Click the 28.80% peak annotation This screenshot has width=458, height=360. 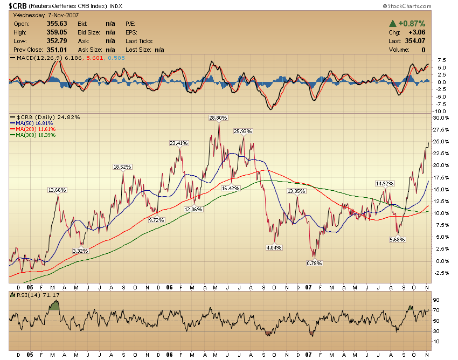(x=218, y=117)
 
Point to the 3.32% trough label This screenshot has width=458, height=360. (x=80, y=251)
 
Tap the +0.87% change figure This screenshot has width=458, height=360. (x=411, y=24)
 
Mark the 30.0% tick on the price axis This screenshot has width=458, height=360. (x=441, y=117)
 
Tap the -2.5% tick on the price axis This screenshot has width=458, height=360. (x=441, y=273)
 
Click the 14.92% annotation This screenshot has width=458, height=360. (x=385, y=183)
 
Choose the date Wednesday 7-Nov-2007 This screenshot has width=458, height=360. (x=43, y=15)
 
